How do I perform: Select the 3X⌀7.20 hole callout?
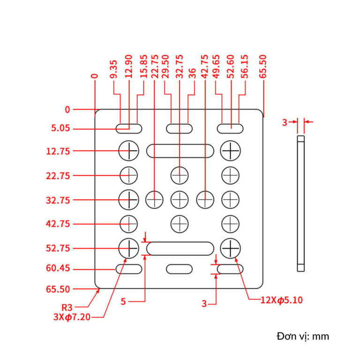coord(72,317)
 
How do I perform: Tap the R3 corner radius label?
coord(67,307)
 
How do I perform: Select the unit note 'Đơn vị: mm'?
coord(303,336)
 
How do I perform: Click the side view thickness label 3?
coord(284,122)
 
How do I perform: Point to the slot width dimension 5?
coord(123,302)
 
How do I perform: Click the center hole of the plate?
coord(179,200)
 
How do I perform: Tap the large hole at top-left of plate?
coord(129,150)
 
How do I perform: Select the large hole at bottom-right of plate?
coord(231,247)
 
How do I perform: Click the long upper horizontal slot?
coord(180,151)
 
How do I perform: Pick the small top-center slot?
coord(179,128)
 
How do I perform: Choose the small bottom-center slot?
coord(179,269)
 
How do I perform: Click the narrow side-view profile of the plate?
coord(301,202)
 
